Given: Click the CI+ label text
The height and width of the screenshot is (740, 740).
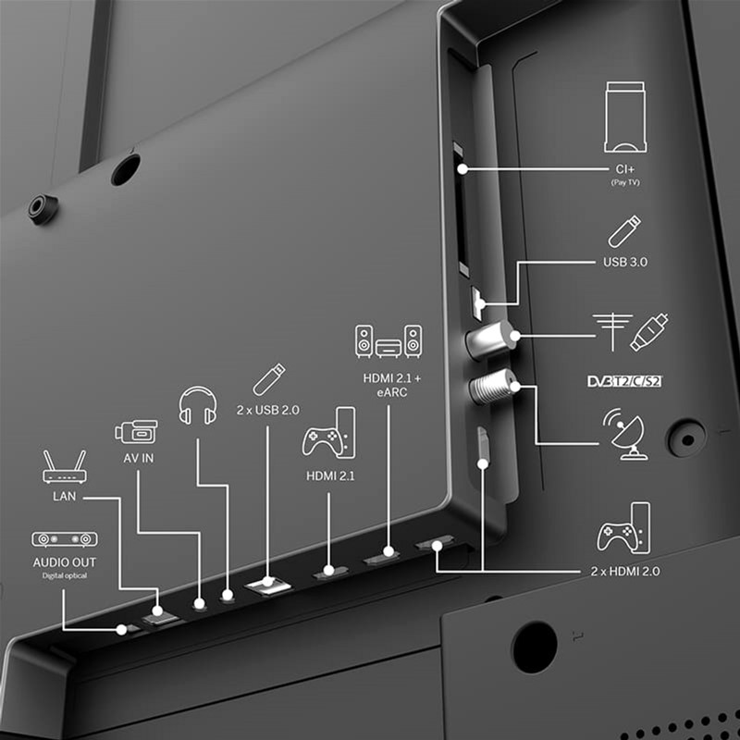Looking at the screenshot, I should (625, 169).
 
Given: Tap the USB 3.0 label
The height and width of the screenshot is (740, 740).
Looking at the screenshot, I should (625, 262).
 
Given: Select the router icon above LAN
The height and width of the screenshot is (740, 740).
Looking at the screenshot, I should (65, 466).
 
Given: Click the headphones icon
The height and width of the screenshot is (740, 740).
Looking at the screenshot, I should (197, 406).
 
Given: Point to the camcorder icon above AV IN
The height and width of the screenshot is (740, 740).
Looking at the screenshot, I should (136, 432).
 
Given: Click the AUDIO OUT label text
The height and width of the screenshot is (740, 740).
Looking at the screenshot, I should (64, 561).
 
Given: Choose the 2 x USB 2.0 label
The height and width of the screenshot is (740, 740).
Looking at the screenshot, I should (267, 408).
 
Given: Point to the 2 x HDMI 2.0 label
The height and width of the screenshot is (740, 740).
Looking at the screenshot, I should (625, 572).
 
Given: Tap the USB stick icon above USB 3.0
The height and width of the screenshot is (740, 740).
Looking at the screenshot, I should (625, 231).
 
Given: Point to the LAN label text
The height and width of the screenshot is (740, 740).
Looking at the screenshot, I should (64, 497).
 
